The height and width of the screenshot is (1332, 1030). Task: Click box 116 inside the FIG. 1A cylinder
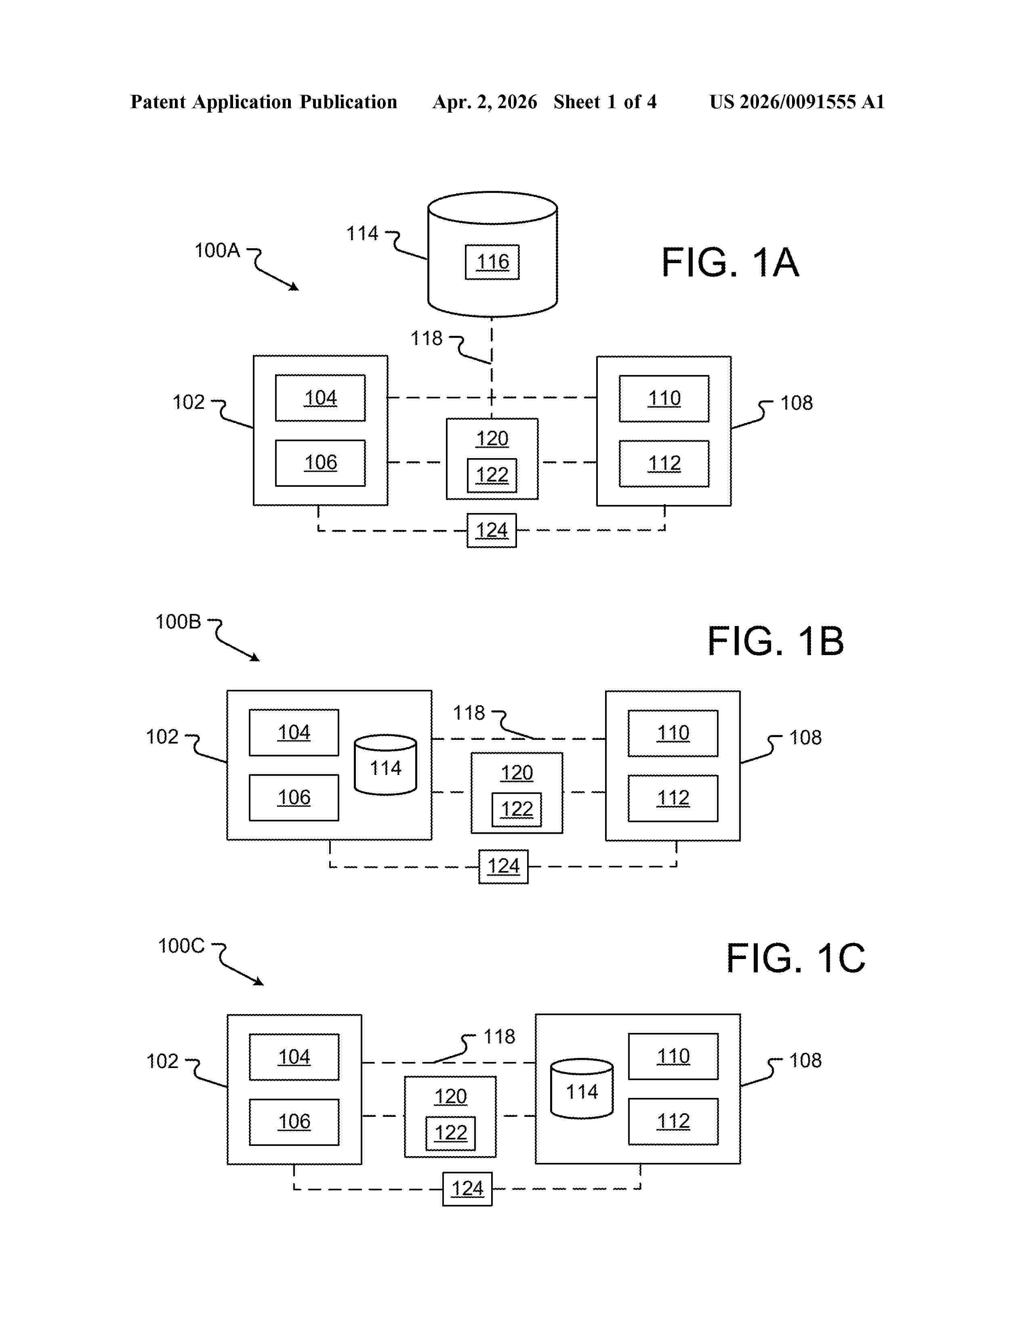(x=492, y=262)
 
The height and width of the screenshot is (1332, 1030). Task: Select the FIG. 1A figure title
(x=730, y=263)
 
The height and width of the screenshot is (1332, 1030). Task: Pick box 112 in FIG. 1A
(x=664, y=463)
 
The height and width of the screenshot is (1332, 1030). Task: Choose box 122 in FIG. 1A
(x=492, y=475)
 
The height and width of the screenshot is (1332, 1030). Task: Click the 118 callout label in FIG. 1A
(x=426, y=339)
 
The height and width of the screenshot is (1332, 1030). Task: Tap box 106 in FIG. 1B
(x=294, y=798)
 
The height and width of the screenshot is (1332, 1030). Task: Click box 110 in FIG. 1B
(x=673, y=733)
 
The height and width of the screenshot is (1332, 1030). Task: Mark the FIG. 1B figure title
(x=775, y=642)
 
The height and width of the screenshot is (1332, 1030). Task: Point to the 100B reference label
(x=178, y=622)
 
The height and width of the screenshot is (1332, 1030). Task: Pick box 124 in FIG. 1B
(x=503, y=867)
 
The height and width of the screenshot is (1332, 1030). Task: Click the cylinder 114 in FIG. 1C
(x=582, y=1089)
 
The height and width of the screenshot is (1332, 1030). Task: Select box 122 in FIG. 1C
(x=450, y=1133)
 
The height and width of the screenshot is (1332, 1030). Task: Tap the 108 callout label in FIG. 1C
(x=805, y=1061)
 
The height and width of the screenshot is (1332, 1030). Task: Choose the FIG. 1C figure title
(x=795, y=958)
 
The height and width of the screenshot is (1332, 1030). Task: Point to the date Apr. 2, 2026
(x=484, y=102)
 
